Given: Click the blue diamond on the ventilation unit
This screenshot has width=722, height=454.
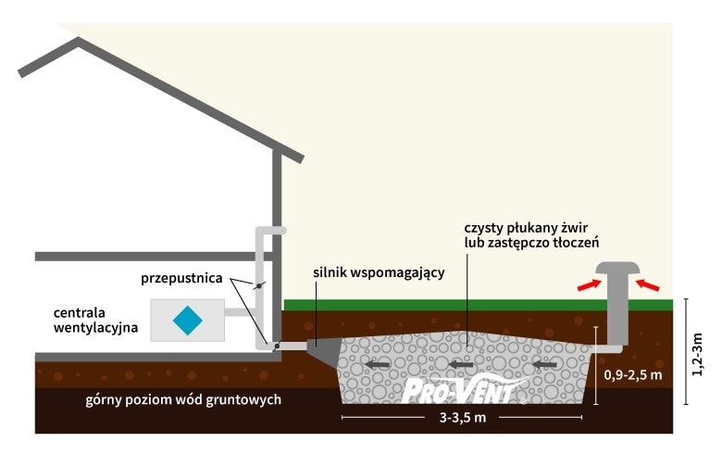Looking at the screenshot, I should (188, 320).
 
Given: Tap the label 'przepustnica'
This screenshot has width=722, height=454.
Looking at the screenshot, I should (181, 278).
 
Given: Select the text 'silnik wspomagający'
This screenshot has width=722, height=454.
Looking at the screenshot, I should (379, 272).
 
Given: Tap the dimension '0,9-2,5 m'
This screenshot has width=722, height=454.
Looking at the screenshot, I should (634, 375).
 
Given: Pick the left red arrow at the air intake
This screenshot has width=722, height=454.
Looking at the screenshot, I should (587, 285).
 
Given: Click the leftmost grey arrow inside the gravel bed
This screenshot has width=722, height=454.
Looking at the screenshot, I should (374, 365).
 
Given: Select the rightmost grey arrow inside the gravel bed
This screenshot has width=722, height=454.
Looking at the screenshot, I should (542, 365).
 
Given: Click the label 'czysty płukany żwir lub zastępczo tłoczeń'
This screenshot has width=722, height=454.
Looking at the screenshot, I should (531, 234).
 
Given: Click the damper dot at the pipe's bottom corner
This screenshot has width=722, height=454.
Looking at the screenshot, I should (275, 347).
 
